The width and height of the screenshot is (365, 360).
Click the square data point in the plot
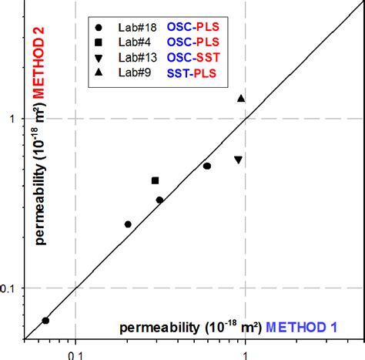(155, 180)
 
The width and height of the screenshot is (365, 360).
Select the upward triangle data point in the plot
(241, 99)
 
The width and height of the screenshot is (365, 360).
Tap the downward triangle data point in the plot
(238, 160)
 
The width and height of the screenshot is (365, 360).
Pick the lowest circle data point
(45, 321)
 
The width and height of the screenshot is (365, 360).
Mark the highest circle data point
(206, 166)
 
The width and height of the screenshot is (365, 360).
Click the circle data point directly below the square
(159, 200)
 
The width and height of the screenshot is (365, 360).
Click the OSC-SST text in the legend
(193, 58)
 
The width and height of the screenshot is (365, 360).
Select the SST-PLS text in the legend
(193, 73)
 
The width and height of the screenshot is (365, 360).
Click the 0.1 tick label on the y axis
(8, 288)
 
